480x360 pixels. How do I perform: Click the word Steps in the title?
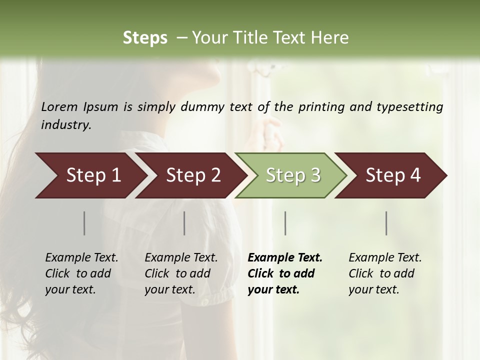pyautogui.click(x=145, y=38)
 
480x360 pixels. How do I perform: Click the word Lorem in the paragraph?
pyautogui.click(x=58, y=107)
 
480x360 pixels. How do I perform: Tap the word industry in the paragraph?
pyautogui.click(x=66, y=125)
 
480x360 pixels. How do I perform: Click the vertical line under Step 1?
pyautogui.click(x=84, y=223)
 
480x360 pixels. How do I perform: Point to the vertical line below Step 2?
pyautogui.click(x=184, y=223)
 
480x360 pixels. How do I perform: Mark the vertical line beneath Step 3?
pyautogui.click(x=285, y=223)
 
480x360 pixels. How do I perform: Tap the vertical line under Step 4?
pyautogui.click(x=386, y=223)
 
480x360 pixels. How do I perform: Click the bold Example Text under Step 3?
pyautogui.click(x=285, y=273)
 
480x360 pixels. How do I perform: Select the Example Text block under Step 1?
pyautogui.click(x=81, y=273)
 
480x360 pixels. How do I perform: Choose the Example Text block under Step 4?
pyautogui.click(x=385, y=273)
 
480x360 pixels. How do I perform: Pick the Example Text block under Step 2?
pyautogui.click(x=181, y=273)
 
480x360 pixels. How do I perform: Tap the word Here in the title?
pyautogui.click(x=332, y=38)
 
